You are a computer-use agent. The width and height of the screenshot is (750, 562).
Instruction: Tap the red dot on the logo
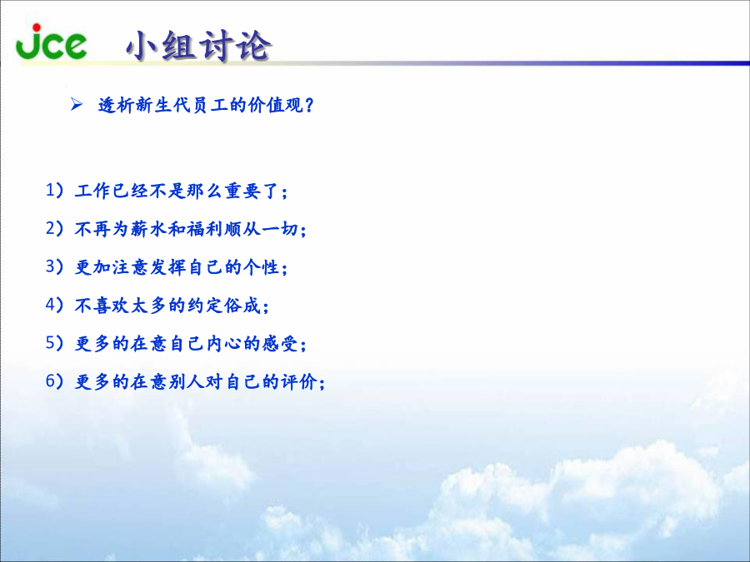point(37,27)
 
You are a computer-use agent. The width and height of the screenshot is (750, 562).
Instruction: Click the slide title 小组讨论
point(198,46)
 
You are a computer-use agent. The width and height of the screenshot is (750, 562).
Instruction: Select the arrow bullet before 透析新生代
point(77,104)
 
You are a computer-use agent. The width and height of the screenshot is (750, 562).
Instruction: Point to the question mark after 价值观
point(309,105)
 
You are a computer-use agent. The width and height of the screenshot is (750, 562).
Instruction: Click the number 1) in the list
point(54,190)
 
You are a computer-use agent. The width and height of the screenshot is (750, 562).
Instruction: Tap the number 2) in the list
point(54,228)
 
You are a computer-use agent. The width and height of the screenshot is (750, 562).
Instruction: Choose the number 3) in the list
point(54,266)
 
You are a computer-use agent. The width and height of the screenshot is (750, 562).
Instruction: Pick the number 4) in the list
point(54,305)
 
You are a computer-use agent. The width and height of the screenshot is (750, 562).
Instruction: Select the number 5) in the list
point(54,343)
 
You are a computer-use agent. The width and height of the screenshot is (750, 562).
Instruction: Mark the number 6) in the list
point(54,381)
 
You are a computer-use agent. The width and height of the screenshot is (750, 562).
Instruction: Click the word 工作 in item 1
point(92,191)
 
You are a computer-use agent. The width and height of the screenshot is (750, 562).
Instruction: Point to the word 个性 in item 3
point(261,267)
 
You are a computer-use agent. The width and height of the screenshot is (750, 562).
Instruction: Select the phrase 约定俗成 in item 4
point(223,306)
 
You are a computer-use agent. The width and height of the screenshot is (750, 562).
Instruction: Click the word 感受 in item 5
point(280,344)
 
